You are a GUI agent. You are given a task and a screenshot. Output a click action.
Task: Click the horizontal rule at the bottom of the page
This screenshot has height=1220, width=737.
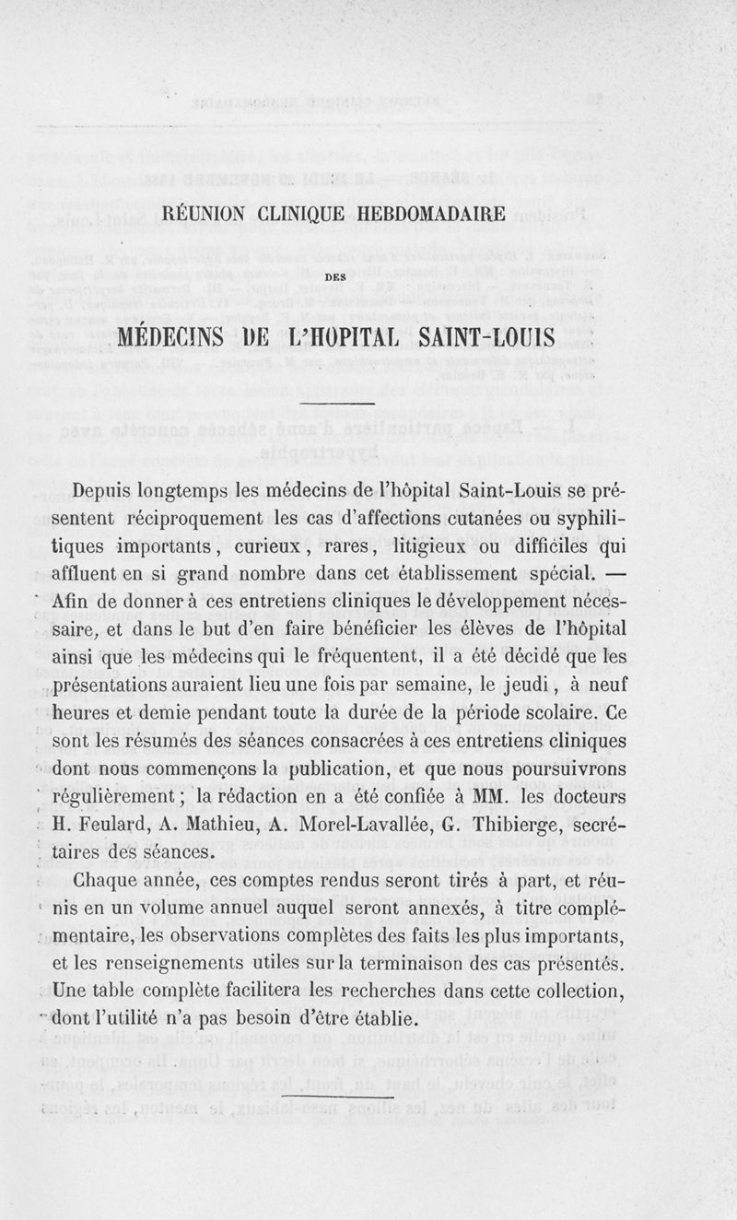[338, 1098]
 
